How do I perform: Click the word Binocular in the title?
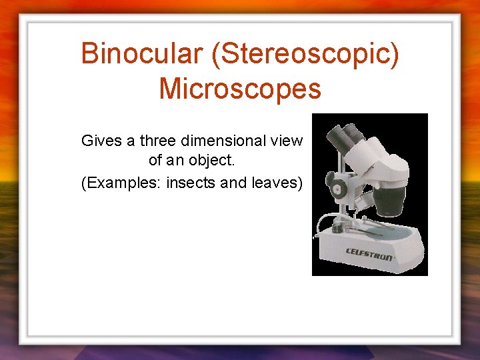141,53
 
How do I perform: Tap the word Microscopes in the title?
240,88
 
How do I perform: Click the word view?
288,141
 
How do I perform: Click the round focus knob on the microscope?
335,187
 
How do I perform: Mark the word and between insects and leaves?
233,182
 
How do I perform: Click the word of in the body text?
155,161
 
